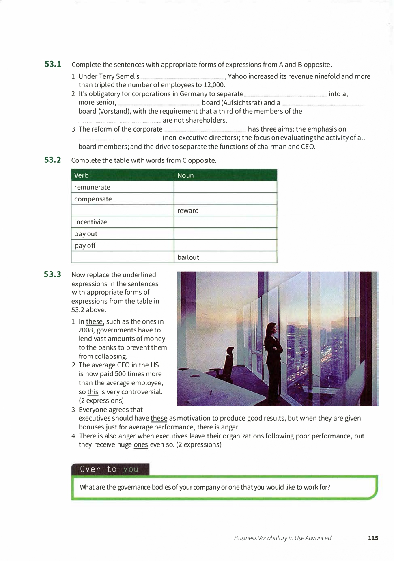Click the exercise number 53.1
(53, 64)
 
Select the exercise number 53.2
(53, 160)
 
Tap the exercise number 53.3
(53, 274)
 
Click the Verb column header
(82, 175)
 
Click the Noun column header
(185, 175)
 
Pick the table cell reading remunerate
(93, 187)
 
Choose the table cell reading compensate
(93, 199)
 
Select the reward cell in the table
(188, 211)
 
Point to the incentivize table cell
(91, 222)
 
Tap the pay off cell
(85, 246)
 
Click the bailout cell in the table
(188, 257)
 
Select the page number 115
(373, 538)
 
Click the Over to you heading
(110, 469)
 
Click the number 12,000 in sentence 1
(214, 85)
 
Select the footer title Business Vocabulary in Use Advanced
(282, 538)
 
